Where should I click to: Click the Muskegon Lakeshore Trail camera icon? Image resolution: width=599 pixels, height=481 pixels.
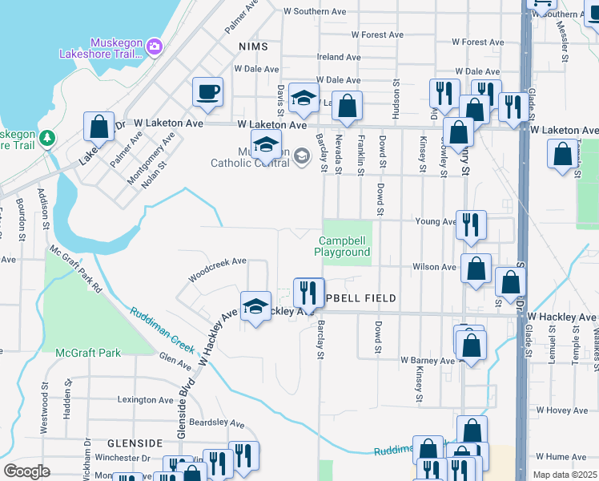point(155,48)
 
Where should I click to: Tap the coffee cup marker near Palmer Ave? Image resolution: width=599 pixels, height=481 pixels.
point(207,92)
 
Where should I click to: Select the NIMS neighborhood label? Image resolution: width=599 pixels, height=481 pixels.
point(253,47)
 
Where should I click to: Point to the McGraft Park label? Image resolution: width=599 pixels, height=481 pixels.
point(88,353)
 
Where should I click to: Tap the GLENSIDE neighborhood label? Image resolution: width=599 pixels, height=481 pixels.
point(135,443)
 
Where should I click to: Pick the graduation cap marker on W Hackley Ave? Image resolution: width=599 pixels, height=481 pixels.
point(255,307)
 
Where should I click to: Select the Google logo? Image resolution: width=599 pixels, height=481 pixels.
point(26,471)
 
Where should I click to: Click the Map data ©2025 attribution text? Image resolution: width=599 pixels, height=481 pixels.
point(565,475)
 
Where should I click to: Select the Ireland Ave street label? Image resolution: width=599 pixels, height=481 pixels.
point(339,57)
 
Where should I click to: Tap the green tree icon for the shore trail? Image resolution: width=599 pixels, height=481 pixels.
point(47,138)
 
